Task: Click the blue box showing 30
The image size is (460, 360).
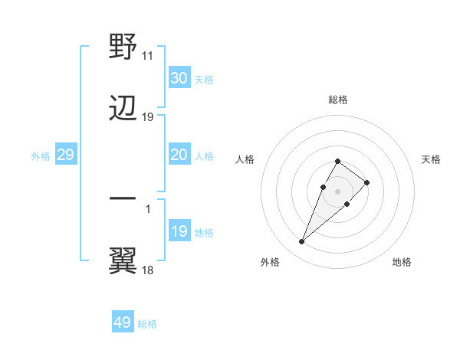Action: (179, 78)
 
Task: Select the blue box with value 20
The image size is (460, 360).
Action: (179, 155)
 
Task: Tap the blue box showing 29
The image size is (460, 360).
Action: (65, 155)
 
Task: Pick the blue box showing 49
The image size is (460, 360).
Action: (123, 322)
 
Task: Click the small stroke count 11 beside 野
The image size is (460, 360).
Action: (148, 56)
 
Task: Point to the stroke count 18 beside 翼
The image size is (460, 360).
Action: (148, 269)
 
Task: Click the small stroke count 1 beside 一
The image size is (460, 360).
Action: (148, 208)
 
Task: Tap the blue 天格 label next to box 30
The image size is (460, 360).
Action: (204, 79)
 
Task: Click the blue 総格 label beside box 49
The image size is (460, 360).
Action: (147, 324)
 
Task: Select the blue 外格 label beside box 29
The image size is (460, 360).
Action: (41, 155)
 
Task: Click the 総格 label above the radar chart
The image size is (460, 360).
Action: (338, 100)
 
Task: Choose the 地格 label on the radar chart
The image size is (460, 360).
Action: (402, 262)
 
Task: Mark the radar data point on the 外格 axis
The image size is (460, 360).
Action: (301, 242)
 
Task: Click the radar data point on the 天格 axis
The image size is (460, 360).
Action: (367, 182)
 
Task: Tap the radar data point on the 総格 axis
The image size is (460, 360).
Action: (337, 161)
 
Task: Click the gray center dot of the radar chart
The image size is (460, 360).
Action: (337, 190)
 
